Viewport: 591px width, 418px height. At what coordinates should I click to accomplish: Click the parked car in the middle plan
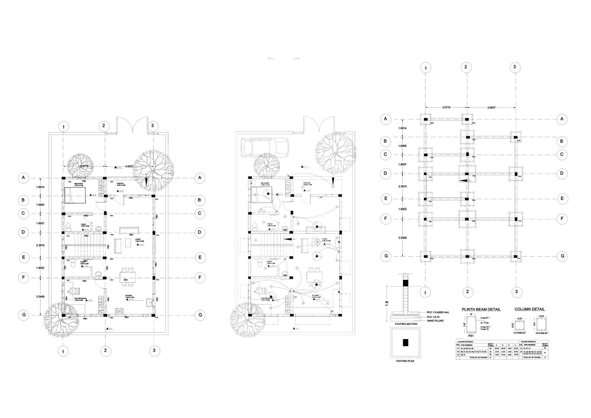[x=264, y=147]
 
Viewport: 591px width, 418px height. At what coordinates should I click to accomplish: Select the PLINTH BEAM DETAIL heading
[x=481, y=309]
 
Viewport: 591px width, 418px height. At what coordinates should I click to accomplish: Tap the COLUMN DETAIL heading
[x=530, y=309]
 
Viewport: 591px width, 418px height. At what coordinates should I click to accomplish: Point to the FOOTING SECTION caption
[x=406, y=324]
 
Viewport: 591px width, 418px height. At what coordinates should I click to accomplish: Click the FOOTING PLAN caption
[x=406, y=361]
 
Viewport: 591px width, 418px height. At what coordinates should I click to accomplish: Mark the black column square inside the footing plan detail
[x=406, y=343]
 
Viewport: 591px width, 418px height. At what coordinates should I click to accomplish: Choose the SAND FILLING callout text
[x=435, y=321]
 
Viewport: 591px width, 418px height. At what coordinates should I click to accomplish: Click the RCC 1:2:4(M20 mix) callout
[x=438, y=312]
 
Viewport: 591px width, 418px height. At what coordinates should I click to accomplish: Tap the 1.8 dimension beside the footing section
[x=386, y=303]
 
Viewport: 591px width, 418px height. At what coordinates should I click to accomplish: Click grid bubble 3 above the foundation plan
[x=515, y=67]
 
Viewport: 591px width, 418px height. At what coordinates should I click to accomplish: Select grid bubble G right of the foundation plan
[x=562, y=256]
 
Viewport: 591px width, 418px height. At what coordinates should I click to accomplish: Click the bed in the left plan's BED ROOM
[x=75, y=195]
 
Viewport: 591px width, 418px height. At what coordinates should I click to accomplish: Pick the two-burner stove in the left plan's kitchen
[x=119, y=310]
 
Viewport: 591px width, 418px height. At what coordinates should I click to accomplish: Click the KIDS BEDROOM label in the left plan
[x=80, y=299]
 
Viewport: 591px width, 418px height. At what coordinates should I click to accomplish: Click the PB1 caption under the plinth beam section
[x=471, y=336]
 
